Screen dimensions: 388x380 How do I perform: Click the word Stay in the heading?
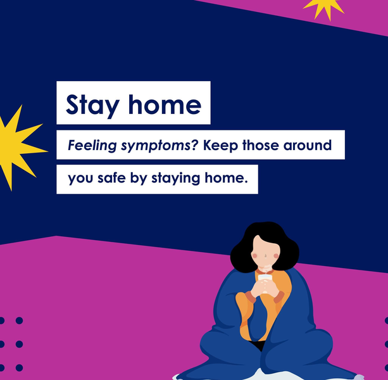click(x=93, y=105)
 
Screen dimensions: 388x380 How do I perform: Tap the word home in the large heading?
click(x=165, y=104)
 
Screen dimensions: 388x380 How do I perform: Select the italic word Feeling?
click(x=92, y=145)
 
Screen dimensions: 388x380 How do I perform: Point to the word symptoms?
click(x=160, y=146)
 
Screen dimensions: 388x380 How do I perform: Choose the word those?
click(x=261, y=145)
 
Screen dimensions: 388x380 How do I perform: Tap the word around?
click(x=308, y=145)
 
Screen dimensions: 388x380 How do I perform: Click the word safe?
click(x=111, y=177)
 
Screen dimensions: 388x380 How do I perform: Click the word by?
click(x=139, y=178)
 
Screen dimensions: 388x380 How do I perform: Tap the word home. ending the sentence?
click(x=226, y=177)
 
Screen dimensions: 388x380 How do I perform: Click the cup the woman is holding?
click(x=265, y=282)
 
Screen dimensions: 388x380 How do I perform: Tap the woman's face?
click(x=265, y=253)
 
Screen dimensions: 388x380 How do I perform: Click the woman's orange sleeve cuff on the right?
click(x=278, y=297)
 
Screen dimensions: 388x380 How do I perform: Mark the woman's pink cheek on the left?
click(x=255, y=256)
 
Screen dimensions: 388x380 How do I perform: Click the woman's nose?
click(x=265, y=255)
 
